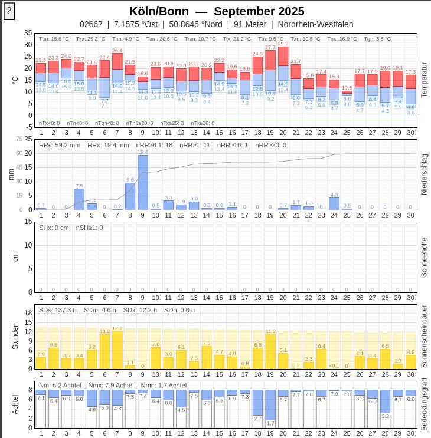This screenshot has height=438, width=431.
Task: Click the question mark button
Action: [x=9, y=11]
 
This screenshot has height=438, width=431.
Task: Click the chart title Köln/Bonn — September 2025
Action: [x=217, y=11]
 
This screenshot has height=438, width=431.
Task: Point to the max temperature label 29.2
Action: [x=283, y=44]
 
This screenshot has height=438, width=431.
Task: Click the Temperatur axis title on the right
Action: [x=423, y=80]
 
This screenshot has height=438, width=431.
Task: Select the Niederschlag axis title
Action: [x=423, y=174]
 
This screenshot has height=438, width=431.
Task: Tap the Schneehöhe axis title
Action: [x=423, y=256]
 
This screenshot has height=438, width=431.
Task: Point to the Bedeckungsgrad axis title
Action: [x=423, y=405]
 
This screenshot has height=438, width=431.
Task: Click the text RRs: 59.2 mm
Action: [x=60, y=145]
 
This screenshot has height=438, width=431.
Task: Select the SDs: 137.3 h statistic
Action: [x=58, y=310]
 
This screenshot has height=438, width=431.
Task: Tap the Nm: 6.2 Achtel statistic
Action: [x=60, y=386]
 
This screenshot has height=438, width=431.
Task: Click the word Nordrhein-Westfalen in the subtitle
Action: [x=315, y=24]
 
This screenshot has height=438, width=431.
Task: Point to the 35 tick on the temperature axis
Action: [x=28, y=33]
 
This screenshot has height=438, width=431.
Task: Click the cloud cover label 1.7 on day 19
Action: [x=271, y=423]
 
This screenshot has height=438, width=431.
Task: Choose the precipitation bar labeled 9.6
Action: [x=130, y=196]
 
